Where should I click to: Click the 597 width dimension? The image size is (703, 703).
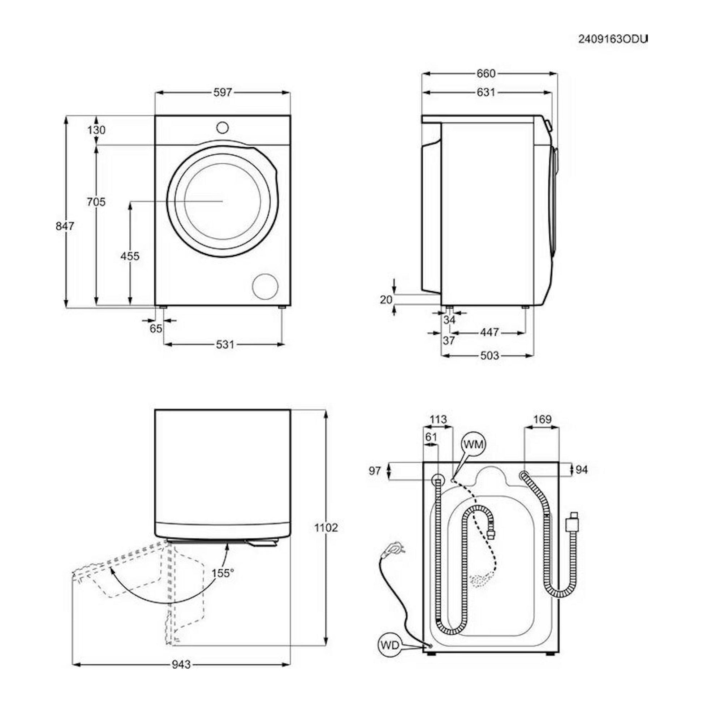(x=222, y=93)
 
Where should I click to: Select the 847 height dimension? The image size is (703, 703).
(x=65, y=226)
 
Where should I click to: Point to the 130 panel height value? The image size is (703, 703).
(x=96, y=130)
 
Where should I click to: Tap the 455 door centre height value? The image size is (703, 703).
(x=130, y=256)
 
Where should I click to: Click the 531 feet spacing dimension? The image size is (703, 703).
(x=225, y=344)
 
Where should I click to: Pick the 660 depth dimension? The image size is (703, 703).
(x=486, y=74)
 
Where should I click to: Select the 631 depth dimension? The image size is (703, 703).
(x=486, y=93)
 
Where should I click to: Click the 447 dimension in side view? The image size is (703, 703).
(x=489, y=332)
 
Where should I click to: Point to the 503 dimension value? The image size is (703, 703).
(x=489, y=355)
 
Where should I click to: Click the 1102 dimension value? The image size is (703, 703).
(x=326, y=528)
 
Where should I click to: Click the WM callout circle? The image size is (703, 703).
(x=474, y=444)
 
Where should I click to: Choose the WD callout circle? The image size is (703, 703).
(x=390, y=645)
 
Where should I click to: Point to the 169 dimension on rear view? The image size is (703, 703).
(x=543, y=419)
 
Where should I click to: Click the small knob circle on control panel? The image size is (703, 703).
(x=222, y=128)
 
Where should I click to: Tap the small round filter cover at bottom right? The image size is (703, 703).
(x=265, y=287)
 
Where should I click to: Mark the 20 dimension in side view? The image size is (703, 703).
(x=386, y=299)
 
